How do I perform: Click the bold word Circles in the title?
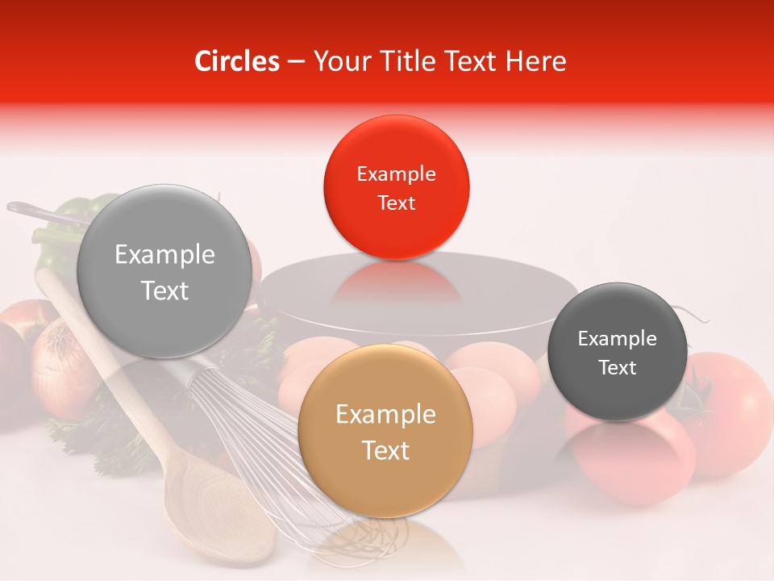pos(237,61)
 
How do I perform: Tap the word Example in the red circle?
pos(396,174)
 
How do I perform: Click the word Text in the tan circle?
pos(385,450)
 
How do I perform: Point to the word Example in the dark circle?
pos(618,339)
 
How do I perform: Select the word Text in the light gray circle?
pos(165,290)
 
